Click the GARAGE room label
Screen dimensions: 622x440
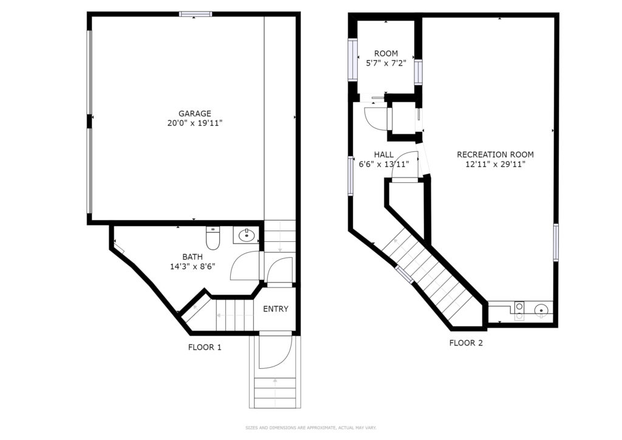(194, 114)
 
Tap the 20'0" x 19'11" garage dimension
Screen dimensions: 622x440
(194, 123)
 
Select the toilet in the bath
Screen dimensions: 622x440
(213, 238)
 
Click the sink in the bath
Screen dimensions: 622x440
(246, 236)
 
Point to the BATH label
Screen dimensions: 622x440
(193, 256)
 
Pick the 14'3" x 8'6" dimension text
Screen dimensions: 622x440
(193, 267)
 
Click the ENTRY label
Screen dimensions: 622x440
(276, 309)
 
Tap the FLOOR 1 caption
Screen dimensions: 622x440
(205, 348)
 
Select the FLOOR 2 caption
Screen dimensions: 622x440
(466, 343)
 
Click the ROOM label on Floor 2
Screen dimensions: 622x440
(386, 53)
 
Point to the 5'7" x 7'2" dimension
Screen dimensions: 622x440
(386, 63)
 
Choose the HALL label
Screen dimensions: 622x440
(384, 154)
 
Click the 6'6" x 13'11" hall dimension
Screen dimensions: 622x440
(384, 164)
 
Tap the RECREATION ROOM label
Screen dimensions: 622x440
(495, 154)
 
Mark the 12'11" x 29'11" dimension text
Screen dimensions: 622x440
(495, 164)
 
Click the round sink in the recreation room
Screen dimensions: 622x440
(541, 309)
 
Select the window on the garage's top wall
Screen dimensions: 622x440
(195, 15)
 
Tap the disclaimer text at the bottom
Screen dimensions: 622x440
(310, 428)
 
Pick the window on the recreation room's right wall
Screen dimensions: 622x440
(556, 242)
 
